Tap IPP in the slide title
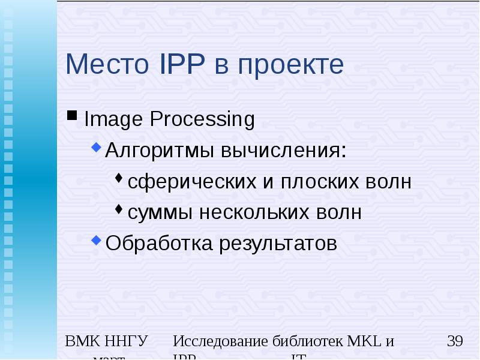(x=180, y=65)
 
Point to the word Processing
(x=202, y=119)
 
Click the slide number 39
(x=455, y=341)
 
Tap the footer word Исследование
(x=219, y=341)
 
